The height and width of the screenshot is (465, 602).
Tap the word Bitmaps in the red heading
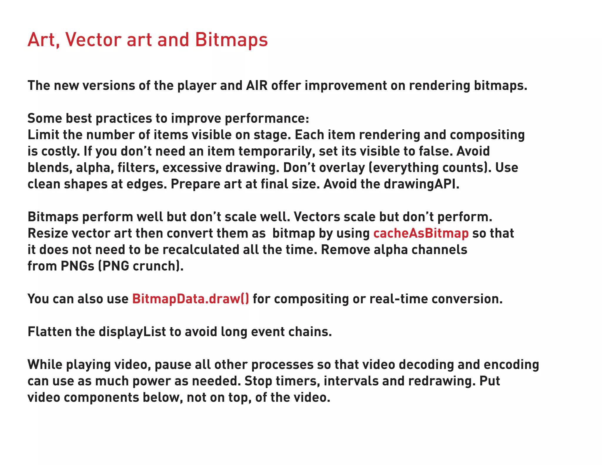click(x=231, y=40)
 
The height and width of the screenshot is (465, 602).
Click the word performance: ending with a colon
click(x=267, y=118)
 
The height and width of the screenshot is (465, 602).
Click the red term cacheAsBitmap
click(x=421, y=233)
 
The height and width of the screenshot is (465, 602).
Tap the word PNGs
click(x=77, y=266)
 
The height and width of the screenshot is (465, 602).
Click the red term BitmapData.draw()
click(x=190, y=299)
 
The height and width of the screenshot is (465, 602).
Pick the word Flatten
click(x=49, y=332)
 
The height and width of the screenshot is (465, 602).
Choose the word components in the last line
click(x=101, y=398)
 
